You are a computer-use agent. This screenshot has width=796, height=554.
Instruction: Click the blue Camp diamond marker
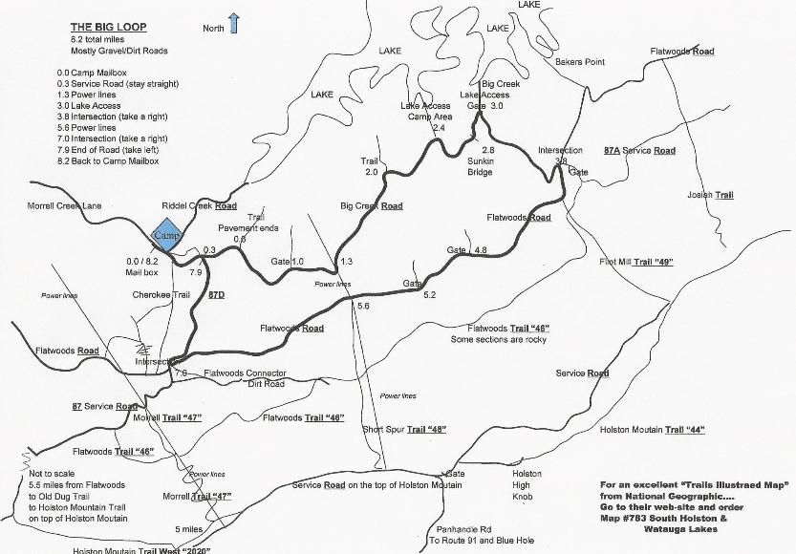pyautogui.click(x=166, y=235)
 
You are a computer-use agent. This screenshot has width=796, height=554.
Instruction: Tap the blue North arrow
pyautogui.click(x=233, y=24)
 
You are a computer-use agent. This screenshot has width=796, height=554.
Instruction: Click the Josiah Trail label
pyautogui.click(x=710, y=195)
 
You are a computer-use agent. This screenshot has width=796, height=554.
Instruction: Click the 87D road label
pyautogui.click(x=216, y=296)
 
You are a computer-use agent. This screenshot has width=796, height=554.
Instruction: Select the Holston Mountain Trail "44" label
pyautogui.click(x=652, y=430)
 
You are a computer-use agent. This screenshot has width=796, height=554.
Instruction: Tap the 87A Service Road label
pyautogui.click(x=639, y=151)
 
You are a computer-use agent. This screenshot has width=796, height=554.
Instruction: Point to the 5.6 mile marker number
pyautogui.click(x=362, y=306)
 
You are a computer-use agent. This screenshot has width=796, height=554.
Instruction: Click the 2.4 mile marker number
pyautogui.click(x=440, y=128)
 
